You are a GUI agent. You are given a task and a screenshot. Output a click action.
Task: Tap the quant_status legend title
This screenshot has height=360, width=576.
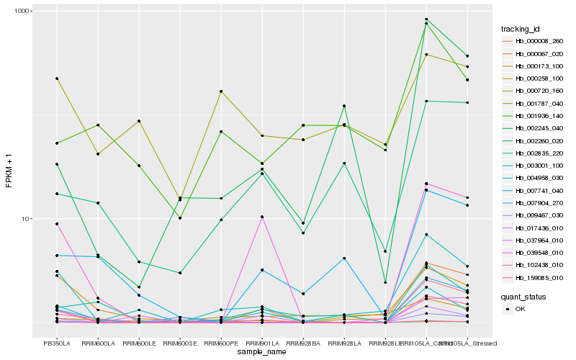[523, 296]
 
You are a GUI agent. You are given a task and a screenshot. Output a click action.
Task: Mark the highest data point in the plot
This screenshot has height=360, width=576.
[426, 19]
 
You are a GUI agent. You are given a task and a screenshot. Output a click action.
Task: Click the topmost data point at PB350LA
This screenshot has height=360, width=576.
[57, 78]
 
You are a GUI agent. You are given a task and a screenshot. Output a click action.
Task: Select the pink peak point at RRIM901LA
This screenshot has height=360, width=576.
[262, 217]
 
